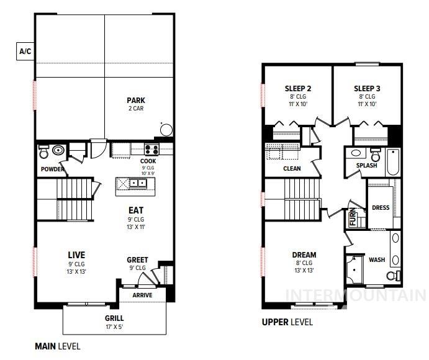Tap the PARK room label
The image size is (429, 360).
(x=135, y=100)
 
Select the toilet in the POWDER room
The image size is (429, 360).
(x=44, y=152)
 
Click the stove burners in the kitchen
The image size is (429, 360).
(x=151, y=149)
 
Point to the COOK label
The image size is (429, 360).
(x=148, y=161)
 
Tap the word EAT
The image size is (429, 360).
(x=135, y=210)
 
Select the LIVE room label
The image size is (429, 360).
(x=76, y=254)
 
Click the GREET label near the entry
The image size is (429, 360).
(x=137, y=259)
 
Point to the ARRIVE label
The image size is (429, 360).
(x=142, y=295)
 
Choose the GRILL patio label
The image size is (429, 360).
(x=114, y=318)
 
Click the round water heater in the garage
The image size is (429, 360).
(x=166, y=130)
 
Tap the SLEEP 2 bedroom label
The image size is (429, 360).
(x=298, y=88)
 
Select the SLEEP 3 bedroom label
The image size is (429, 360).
(x=367, y=88)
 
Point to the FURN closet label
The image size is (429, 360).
(x=353, y=218)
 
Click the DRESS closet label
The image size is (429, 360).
(x=380, y=207)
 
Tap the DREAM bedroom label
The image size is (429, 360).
(x=304, y=254)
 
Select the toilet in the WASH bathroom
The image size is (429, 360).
(x=394, y=275)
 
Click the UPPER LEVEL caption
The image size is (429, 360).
(x=287, y=322)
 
